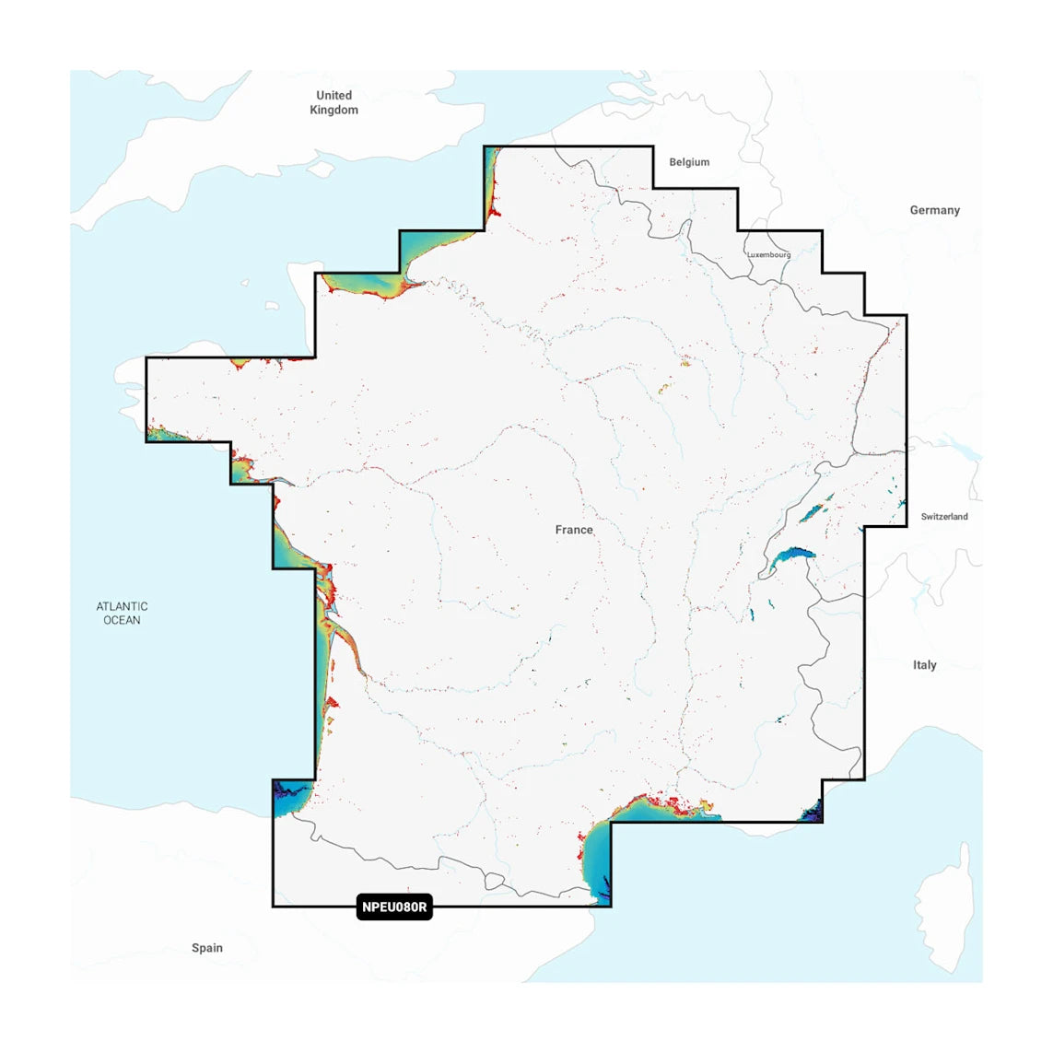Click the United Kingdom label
[333, 102]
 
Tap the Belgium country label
[689, 162]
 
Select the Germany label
[934, 210]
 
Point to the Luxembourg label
[768, 255]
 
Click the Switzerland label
[944, 517]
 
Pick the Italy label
[924, 665]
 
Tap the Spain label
[207, 948]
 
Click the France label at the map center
[574, 530]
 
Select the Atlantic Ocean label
[123, 613]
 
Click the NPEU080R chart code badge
[394, 907]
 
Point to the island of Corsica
[944, 894]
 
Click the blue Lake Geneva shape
[791, 556]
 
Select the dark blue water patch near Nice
[813, 813]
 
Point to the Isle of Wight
[322, 170]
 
